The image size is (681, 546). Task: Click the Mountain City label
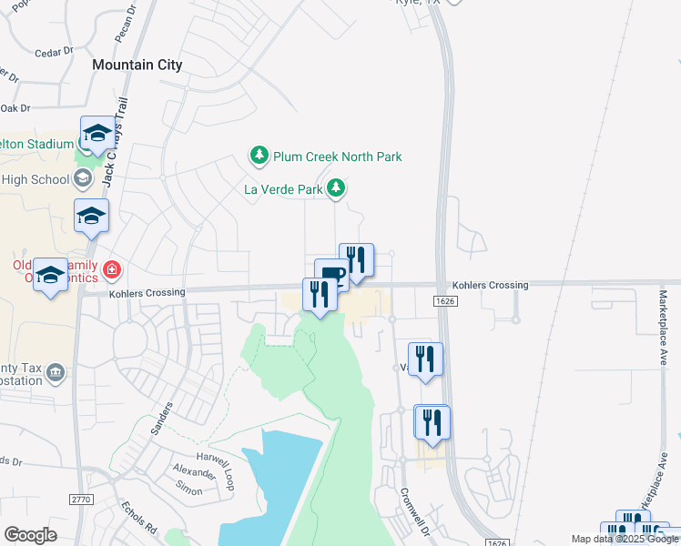137,66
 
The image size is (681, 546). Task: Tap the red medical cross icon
113,269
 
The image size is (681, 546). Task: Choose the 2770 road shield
82,500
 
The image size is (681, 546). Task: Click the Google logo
30,535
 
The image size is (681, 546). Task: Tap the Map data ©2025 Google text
624,539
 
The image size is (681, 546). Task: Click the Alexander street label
194,473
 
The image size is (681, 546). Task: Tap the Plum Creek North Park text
338,157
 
